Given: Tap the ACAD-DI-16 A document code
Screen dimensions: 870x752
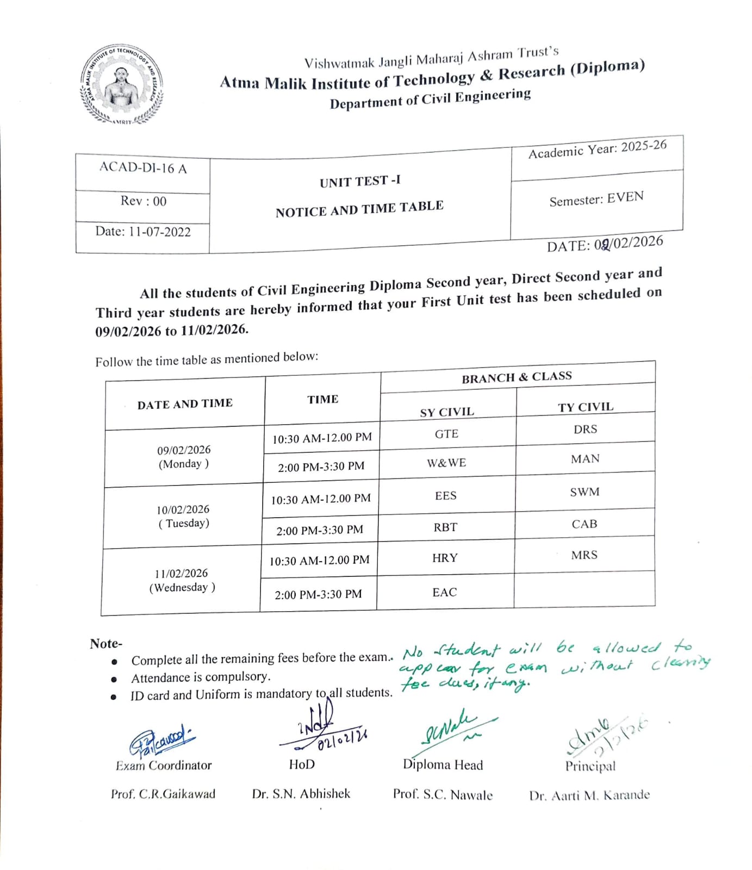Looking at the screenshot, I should tap(142, 167).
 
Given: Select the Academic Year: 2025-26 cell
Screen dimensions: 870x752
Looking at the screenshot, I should tap(597, 149).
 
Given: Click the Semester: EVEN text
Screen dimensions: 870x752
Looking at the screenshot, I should tap(596, 199).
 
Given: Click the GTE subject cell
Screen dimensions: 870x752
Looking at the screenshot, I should tap(446, 434).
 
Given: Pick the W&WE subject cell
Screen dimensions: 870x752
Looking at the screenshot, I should tap(446, 463).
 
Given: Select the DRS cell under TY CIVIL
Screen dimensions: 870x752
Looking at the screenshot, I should tap(585, 429).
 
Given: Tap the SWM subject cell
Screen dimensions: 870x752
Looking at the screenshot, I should tap(585, 492).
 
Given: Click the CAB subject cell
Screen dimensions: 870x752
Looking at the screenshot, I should tap(585, 524).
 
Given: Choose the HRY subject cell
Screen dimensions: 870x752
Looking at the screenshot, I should tap(445, 558).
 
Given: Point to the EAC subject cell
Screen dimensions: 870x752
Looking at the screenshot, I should tap(444, 592).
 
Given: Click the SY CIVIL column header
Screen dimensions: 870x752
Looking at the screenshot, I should tap(446, 412).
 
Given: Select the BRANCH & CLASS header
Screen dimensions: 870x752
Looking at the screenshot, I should tap(517, 377).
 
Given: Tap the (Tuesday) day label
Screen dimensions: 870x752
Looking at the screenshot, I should tap(184, 523).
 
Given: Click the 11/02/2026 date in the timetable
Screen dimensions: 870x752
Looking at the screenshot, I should tap(181, 574).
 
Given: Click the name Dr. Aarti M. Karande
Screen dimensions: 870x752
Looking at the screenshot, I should tap(589, 796).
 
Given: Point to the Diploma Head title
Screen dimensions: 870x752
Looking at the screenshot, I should tap(443, 765).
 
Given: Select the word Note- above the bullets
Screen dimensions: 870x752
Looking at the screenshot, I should tap(106, 644).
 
